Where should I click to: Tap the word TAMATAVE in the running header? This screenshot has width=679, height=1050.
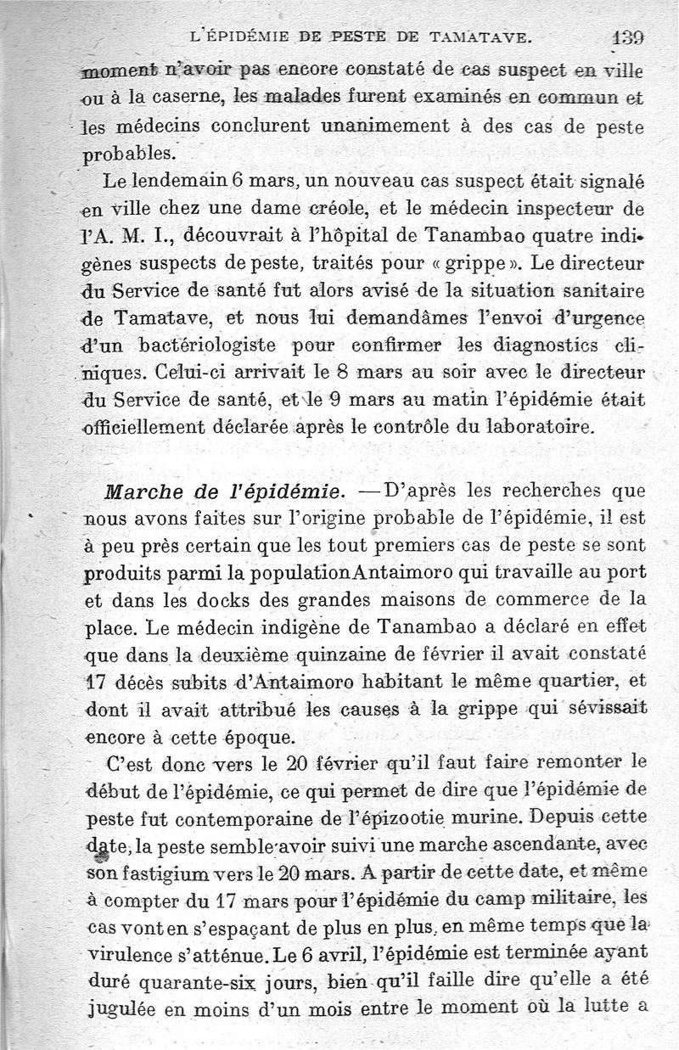tap(482, 36)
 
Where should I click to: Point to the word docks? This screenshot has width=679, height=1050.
tap(197, 599)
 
